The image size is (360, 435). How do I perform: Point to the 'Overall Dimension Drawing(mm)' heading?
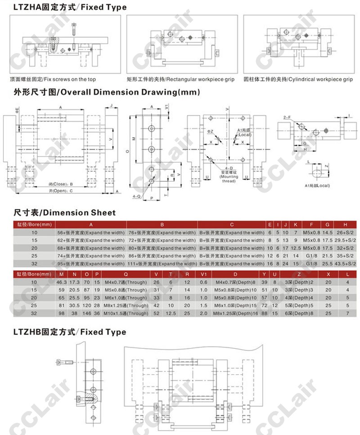[x=106, y=93]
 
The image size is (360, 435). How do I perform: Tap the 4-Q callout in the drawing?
[x=137, y=196]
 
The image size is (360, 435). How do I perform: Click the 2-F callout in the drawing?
[x=287, y=117]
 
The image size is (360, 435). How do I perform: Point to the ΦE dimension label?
[x=17, y=109]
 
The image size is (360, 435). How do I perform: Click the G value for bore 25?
[x=328, y=256]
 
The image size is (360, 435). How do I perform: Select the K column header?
[x=296, y=224]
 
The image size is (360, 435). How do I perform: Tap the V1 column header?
[x=203, y=274]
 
